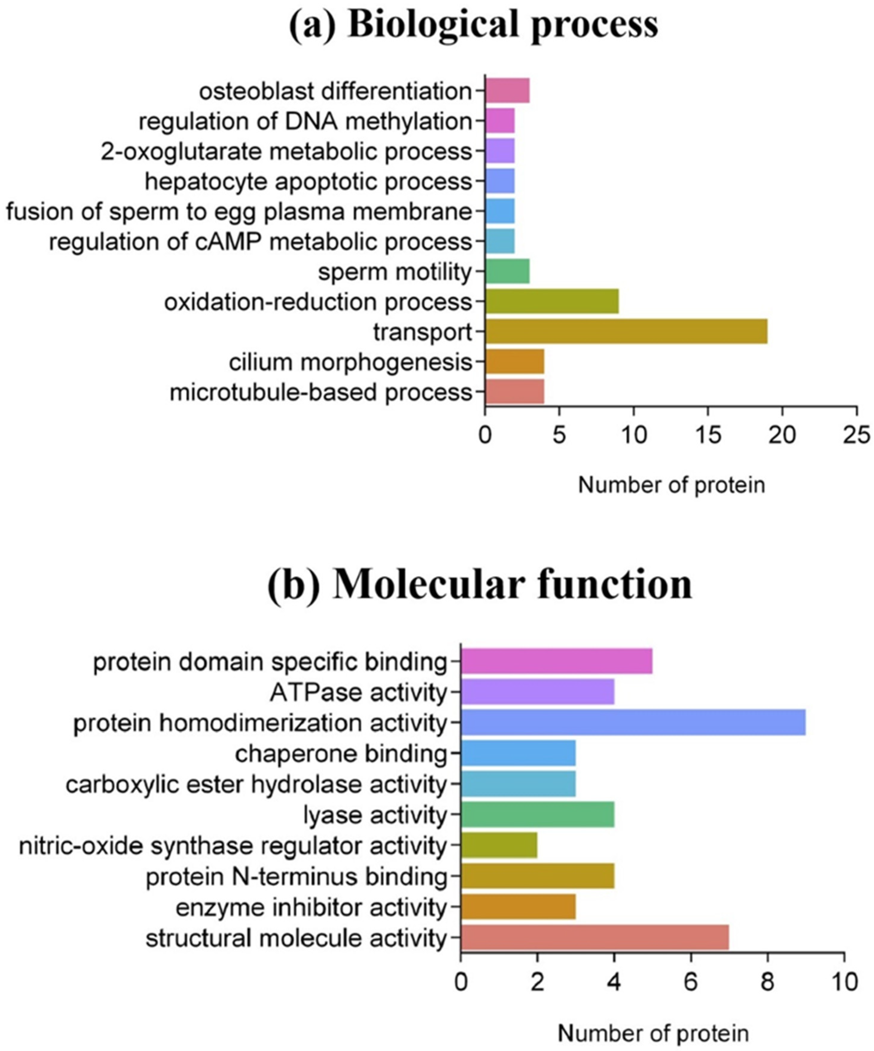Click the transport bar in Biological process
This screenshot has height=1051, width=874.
626,331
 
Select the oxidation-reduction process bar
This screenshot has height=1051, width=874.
552,301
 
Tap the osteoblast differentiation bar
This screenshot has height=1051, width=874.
507,91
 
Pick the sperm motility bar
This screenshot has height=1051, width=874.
507,271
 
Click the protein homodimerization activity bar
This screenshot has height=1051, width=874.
633,722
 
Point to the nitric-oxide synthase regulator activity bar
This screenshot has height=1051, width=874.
499,846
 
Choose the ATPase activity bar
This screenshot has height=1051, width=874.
537,692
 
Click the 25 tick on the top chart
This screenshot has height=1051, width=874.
856,435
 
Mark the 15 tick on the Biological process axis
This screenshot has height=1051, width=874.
708,435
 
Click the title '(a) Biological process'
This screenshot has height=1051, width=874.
473,25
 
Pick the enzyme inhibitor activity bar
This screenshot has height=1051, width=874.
518,907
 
